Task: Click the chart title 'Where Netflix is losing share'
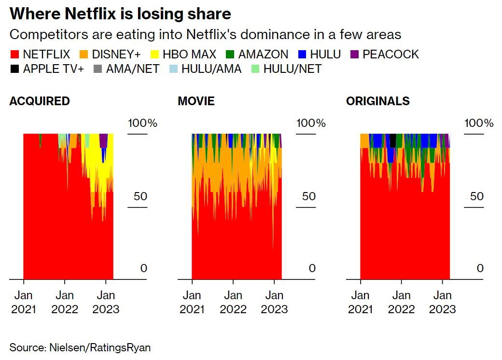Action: [x=120, y=14]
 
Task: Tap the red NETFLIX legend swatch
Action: [x=14, y=55]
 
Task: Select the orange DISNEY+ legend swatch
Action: [x=84, y=55]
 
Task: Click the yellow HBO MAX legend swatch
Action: [x=155, y=55]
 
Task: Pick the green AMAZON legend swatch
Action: [x=230, y=55]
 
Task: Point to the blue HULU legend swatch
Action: [x=301, y=55]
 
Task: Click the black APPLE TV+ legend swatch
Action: [x=14, y=69]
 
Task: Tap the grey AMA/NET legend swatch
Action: [x=99, y=69]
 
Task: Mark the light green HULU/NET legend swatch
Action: [x=255, y=69]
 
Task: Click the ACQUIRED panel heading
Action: [x=40, y=101]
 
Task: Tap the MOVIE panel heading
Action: [x=196, y=101]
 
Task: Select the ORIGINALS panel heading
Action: [x=378, y=101]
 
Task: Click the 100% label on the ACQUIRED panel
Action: [x=142, y=123]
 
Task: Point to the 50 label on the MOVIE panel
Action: [x=309, y=196]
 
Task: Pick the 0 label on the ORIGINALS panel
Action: [x=480, y=268]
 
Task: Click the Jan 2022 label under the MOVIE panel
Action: [x=233, y=302]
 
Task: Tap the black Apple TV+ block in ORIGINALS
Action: [x=393, y=140]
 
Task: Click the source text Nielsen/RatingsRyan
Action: [x=80, y=347]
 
